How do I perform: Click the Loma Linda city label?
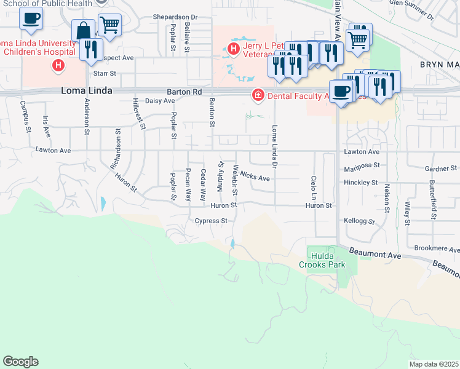click(x=87, y=90)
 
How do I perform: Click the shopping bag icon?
click(x=83, y=30)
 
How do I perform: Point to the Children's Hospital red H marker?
click(x=58, y=65)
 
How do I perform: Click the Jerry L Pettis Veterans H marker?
click(x=234, y=49)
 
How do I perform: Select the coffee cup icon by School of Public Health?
click(x=31, y=18)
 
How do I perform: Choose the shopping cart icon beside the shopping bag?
click(x=109, y=25)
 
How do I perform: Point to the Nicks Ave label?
click(x=255, y=177)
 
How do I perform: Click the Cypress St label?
click(x=211, y=220)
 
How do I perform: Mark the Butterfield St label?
click(x=433, y=200)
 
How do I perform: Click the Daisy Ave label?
click(x=160, y=100)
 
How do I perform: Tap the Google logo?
click(x=20, y=362)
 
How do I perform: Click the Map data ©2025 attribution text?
click(x=434, y=364)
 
